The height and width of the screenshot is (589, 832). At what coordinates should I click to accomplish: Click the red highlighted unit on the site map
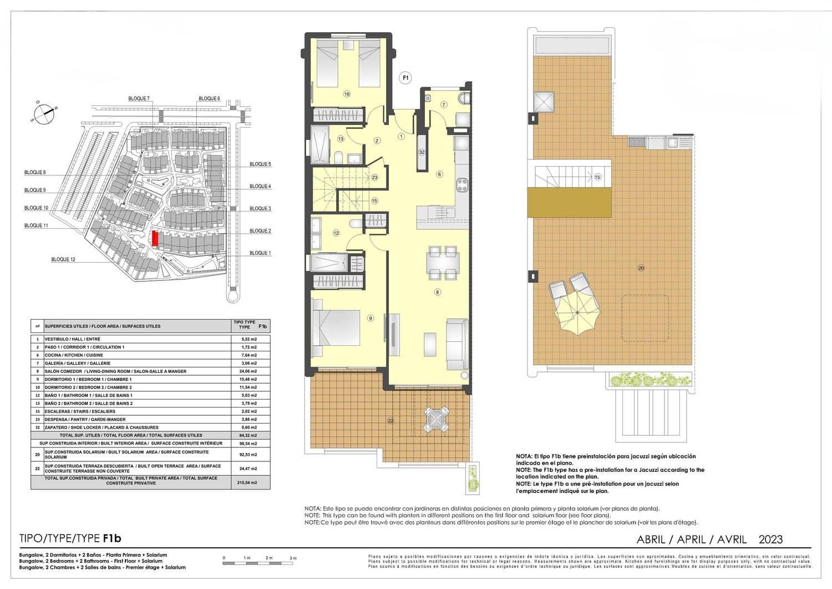tap(155, 239)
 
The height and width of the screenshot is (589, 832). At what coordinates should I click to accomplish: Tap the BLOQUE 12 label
tap(63, 259)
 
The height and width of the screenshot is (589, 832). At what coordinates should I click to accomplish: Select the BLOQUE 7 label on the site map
tap(139, 98)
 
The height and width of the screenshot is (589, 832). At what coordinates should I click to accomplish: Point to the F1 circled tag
tap(405, 78)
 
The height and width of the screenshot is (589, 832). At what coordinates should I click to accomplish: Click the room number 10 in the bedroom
tap(347, 94)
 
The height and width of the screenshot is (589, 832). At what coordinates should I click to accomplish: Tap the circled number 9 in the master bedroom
tap(371, 318)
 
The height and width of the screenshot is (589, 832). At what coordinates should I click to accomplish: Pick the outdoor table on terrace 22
tap(437, 419)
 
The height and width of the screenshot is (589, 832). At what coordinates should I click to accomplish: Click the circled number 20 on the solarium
tap(641, 268)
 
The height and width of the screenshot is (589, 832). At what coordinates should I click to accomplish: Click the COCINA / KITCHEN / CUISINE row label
tap(74, 355)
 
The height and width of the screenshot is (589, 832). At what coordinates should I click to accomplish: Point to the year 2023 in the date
tap(770, 539)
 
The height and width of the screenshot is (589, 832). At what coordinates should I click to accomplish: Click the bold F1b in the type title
tap(112, 538)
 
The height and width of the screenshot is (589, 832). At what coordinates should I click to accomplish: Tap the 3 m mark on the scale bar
tap(293, 558)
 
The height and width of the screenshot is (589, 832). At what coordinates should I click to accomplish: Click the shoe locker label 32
tap(422, 152)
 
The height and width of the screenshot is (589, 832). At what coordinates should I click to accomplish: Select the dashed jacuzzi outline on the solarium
tap(645, 319)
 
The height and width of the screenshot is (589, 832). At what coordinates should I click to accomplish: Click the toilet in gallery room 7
tap(464, 98)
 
